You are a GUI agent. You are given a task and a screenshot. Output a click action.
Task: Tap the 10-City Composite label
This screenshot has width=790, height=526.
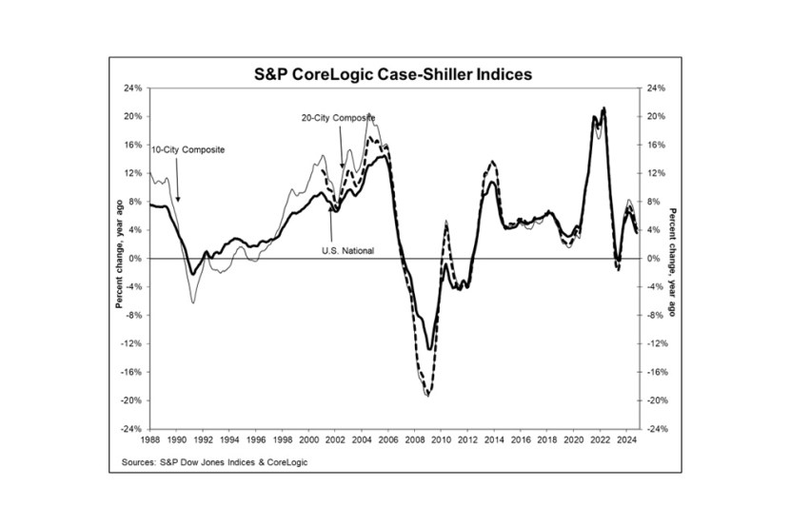188,149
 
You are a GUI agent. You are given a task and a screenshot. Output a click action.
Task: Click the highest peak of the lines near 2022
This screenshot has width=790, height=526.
603,108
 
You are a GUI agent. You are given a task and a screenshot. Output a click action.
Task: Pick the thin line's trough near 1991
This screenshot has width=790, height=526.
193,302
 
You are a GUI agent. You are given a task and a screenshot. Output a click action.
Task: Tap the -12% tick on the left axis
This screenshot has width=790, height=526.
131,343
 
